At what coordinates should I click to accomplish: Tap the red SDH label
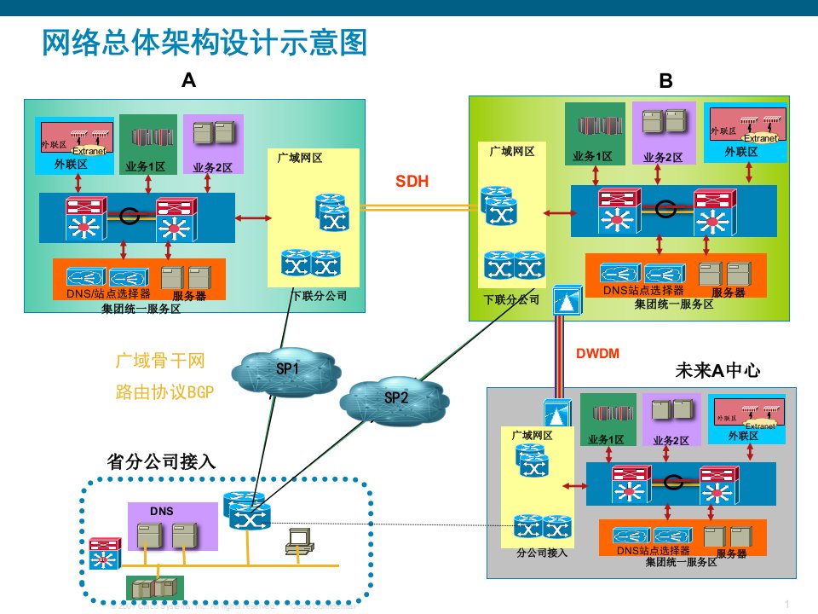[x=412, y=181]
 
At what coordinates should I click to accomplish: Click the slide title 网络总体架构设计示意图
[x=204, y=42]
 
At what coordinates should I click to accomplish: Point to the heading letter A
[x=189, y=81]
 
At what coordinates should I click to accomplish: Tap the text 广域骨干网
[x=160, y=362]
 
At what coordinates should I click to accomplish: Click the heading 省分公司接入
[x=162, y=461]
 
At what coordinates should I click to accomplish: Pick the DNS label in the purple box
[x=162, y=512]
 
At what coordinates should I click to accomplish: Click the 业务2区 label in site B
[x=663, y=157]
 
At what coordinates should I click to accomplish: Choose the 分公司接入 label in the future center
[x=541, y=552]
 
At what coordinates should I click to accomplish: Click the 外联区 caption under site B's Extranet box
[x=740, y=152]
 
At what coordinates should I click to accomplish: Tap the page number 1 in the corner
[x=788, y=604]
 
